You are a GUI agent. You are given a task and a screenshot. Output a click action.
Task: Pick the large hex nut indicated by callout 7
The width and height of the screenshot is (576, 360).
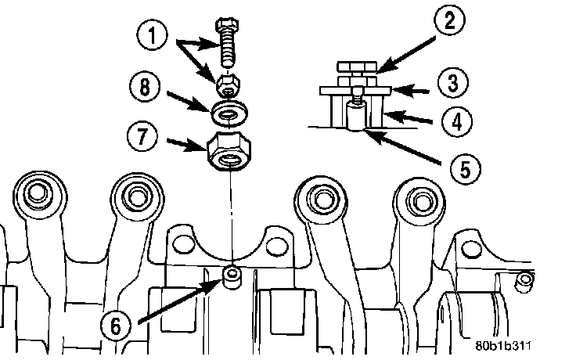click(228, 150)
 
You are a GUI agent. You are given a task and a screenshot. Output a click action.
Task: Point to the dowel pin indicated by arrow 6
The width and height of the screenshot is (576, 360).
click(232, 276)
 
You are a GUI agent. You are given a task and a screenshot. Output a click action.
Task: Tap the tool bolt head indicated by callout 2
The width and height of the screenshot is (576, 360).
click(355, 69)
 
